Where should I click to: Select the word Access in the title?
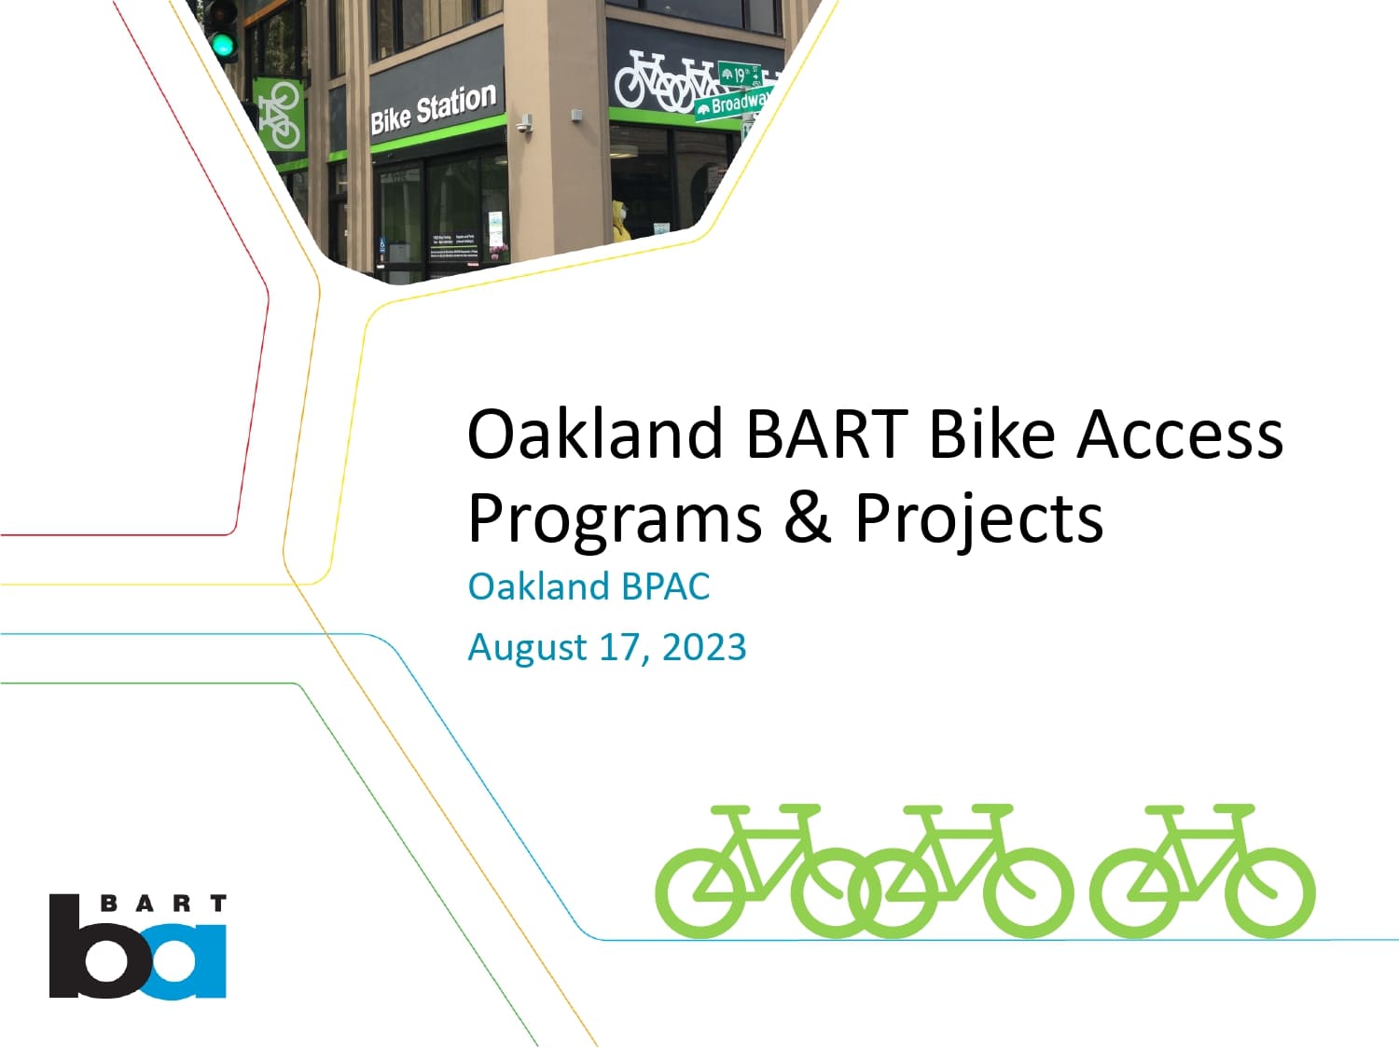click(x=1180, y=434)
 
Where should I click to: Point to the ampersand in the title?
click(x=808, y=518)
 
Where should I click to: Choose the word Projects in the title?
click(x=978, y=518)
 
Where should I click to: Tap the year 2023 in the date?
click(x=704, y=647)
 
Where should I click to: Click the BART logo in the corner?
click(x=138, y=945)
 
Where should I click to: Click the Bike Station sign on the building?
click(x=433, y=109)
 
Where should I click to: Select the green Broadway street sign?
click(x=735, y=104)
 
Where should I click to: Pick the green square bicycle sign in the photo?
click(x=279, y=114)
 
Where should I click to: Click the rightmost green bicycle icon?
click(x=1202, y=871)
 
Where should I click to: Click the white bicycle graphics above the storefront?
click(x=664, y=80)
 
